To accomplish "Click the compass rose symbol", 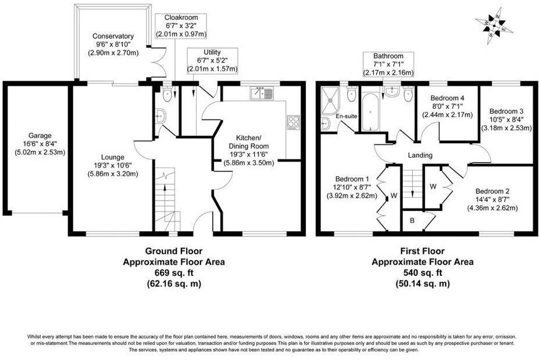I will click(x=492, y=25).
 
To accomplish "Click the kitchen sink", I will click(x=263, y=93).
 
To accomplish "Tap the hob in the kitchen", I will click(x=293, y=122).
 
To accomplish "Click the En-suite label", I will click(x=346, y=117).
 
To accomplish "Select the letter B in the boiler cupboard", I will click(x=413, y=220).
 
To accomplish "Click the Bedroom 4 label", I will click(x=447, y=98).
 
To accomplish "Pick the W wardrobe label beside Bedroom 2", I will click(x=432, y=187).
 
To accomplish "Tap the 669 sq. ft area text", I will click(x=173, y=272).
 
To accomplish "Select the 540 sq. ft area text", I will click(x=422, y=272).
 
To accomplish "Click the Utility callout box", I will click(x=212, y=61).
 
